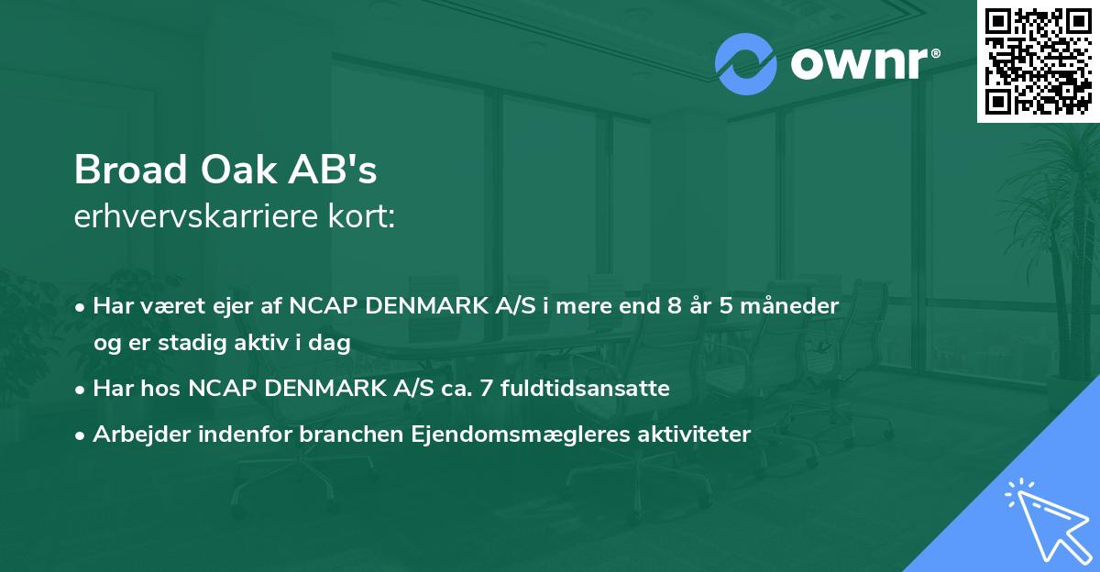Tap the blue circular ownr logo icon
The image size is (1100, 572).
click(x=745, y=63)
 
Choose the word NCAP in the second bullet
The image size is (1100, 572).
click(x=219, y=389)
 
